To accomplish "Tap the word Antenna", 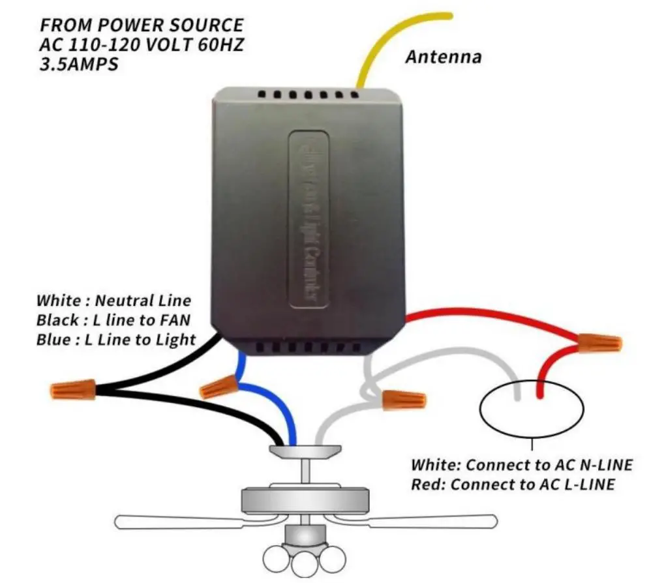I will pos(444,57).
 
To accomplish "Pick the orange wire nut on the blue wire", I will pos(218,387).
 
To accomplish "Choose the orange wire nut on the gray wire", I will pos(404,398).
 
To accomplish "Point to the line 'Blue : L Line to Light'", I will pos(115,339).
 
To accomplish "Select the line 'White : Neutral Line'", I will pos(114,301).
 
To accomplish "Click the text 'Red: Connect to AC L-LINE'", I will pos(513,485).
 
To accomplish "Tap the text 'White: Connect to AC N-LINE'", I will pos(521,466).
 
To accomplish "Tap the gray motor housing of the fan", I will pos(306,499).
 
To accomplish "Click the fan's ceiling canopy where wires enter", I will pos(306,451).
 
